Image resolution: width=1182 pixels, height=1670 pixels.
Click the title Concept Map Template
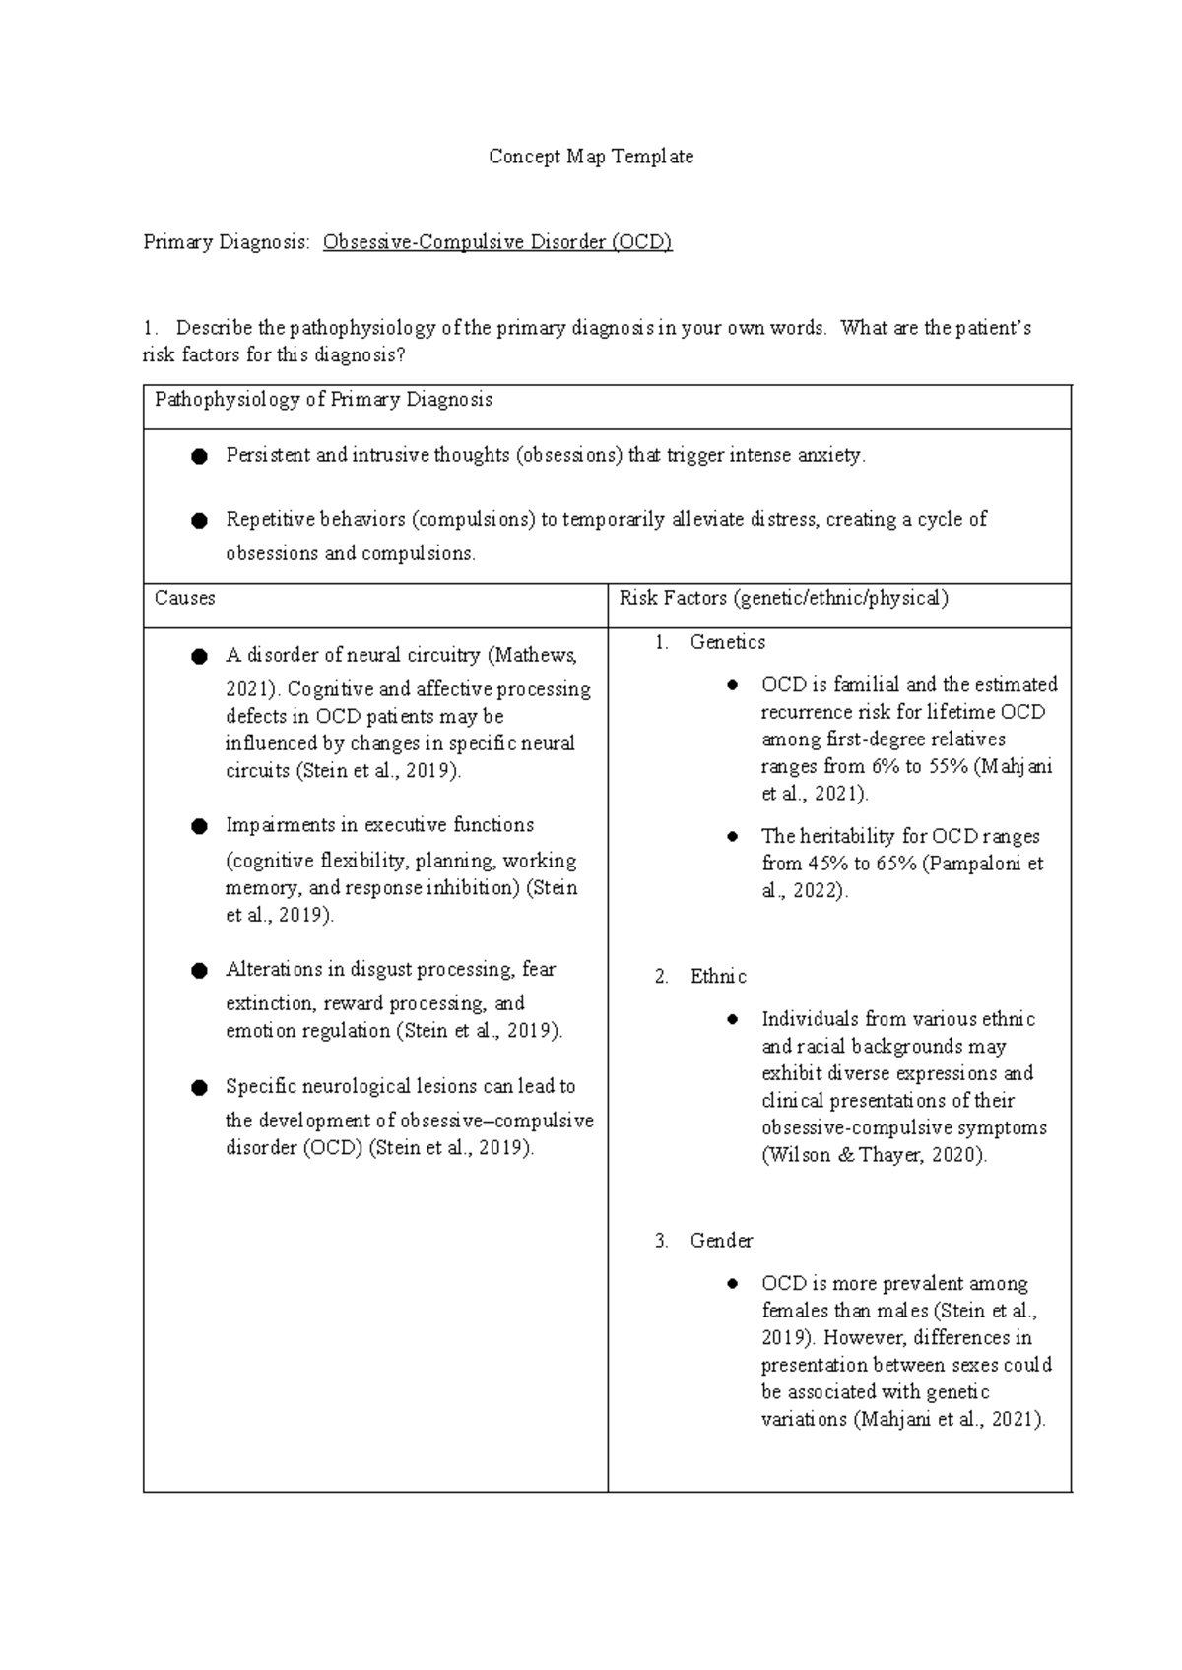591,157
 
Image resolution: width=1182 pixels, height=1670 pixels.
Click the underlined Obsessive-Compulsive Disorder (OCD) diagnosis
497,242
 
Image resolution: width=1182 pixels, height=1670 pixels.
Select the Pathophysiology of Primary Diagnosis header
323,400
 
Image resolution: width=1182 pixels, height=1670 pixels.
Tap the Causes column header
184,598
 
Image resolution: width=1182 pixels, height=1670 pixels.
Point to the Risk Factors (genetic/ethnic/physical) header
783,598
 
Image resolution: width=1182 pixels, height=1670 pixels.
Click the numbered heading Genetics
727,642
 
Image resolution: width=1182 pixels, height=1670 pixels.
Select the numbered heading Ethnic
718,977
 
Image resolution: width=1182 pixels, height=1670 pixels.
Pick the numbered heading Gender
721,1241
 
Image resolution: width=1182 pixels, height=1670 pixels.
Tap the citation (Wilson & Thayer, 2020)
874,1155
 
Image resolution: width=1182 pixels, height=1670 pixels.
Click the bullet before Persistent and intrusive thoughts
199,456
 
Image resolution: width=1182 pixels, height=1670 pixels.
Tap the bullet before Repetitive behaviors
199,520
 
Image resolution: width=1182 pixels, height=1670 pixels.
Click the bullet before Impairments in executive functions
199,826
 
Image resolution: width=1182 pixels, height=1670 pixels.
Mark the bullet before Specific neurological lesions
199,1087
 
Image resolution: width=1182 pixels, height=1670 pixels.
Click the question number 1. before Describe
150,328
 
